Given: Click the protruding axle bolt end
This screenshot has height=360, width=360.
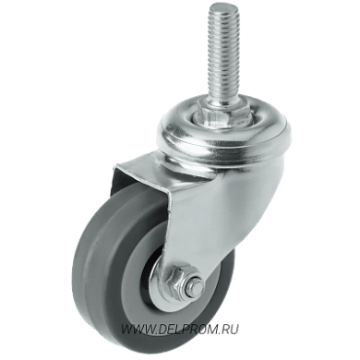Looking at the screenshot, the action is point(195,284).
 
